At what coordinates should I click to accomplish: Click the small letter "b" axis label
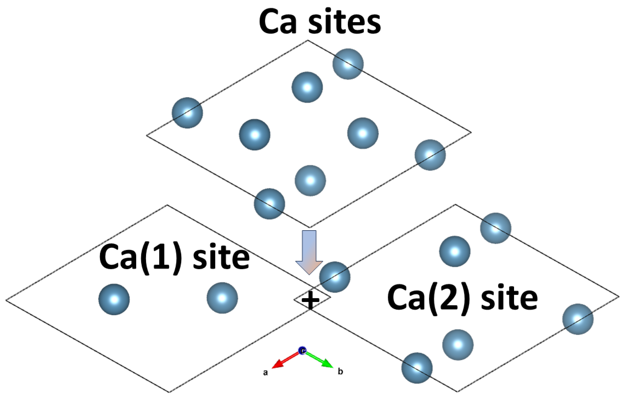(x=340, y=372)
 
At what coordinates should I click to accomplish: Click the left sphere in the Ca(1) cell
(x=114, y=299)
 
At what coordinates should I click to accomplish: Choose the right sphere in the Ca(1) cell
(x=222, y=298)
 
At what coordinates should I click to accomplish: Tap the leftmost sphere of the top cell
(x=187, y=113)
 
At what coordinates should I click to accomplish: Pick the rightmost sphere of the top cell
(x=430, y=155)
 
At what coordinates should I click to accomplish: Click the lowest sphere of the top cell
(x=269, y=204)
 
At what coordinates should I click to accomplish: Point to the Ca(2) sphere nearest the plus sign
(x=335, y=277)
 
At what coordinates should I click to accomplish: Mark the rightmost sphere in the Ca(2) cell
(x=578, y=319)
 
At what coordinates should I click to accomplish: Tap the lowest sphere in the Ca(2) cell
(x=417, y=368)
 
